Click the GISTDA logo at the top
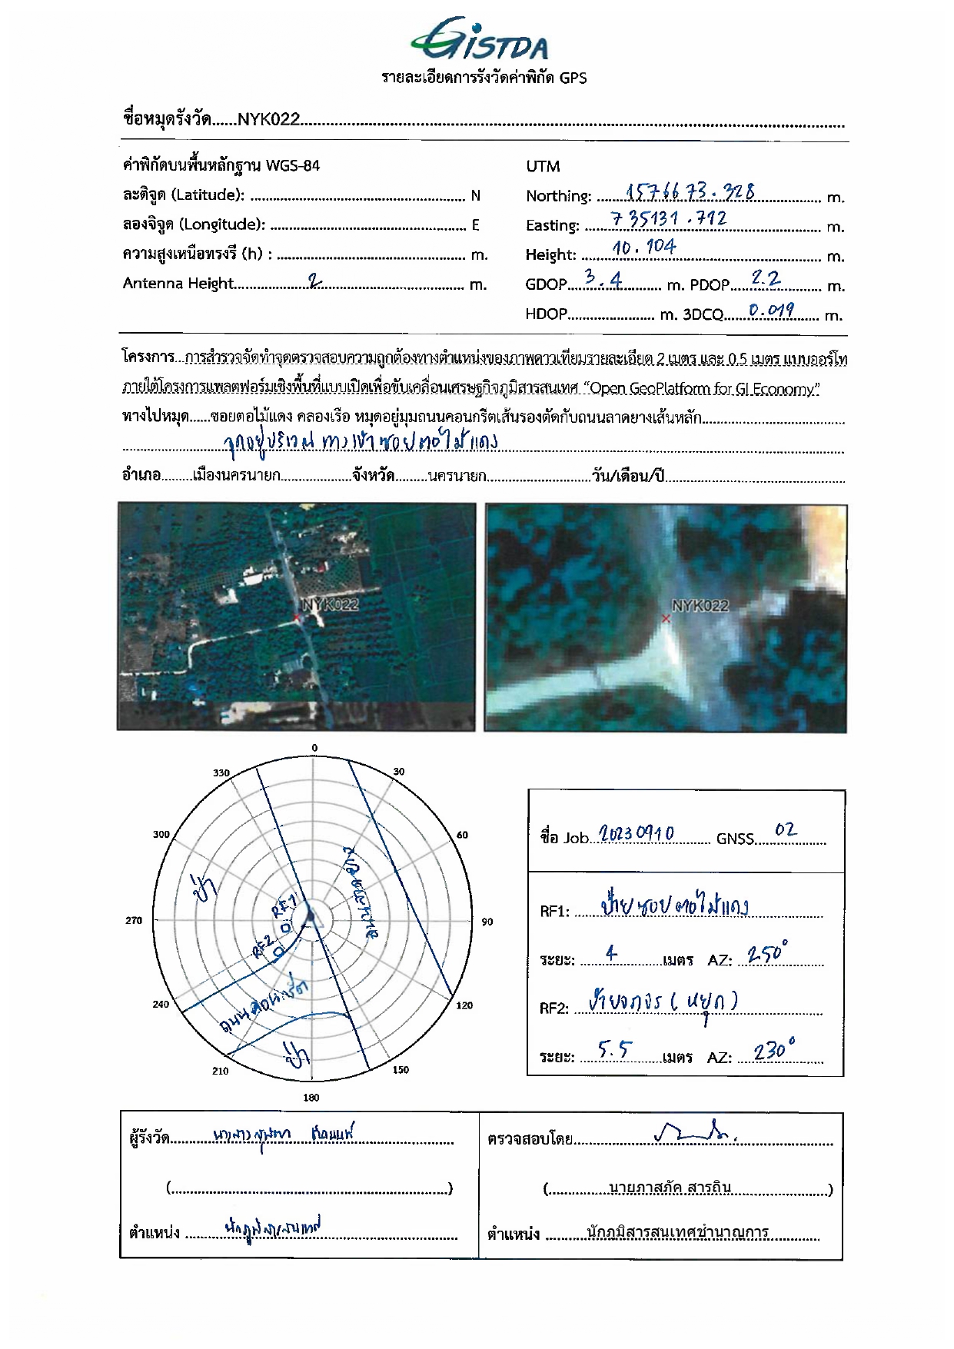[480, 40]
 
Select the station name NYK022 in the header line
[268, 119]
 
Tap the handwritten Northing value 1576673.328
[690, 191]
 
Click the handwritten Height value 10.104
[644, 247]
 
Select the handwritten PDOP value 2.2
[766, 278]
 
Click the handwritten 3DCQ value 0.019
[771, 310]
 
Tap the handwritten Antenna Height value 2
[314, 281]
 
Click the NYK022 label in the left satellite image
[330, 605]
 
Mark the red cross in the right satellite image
[666, 619]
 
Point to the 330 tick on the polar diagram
[221, 773]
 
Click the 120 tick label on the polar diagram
[464, 1005]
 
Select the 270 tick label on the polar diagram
[134, 920]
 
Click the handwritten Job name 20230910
[636, 834]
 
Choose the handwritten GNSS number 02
[786, 830]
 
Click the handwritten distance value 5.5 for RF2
[615, 1050]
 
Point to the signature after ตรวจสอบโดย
[696, 1131]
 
